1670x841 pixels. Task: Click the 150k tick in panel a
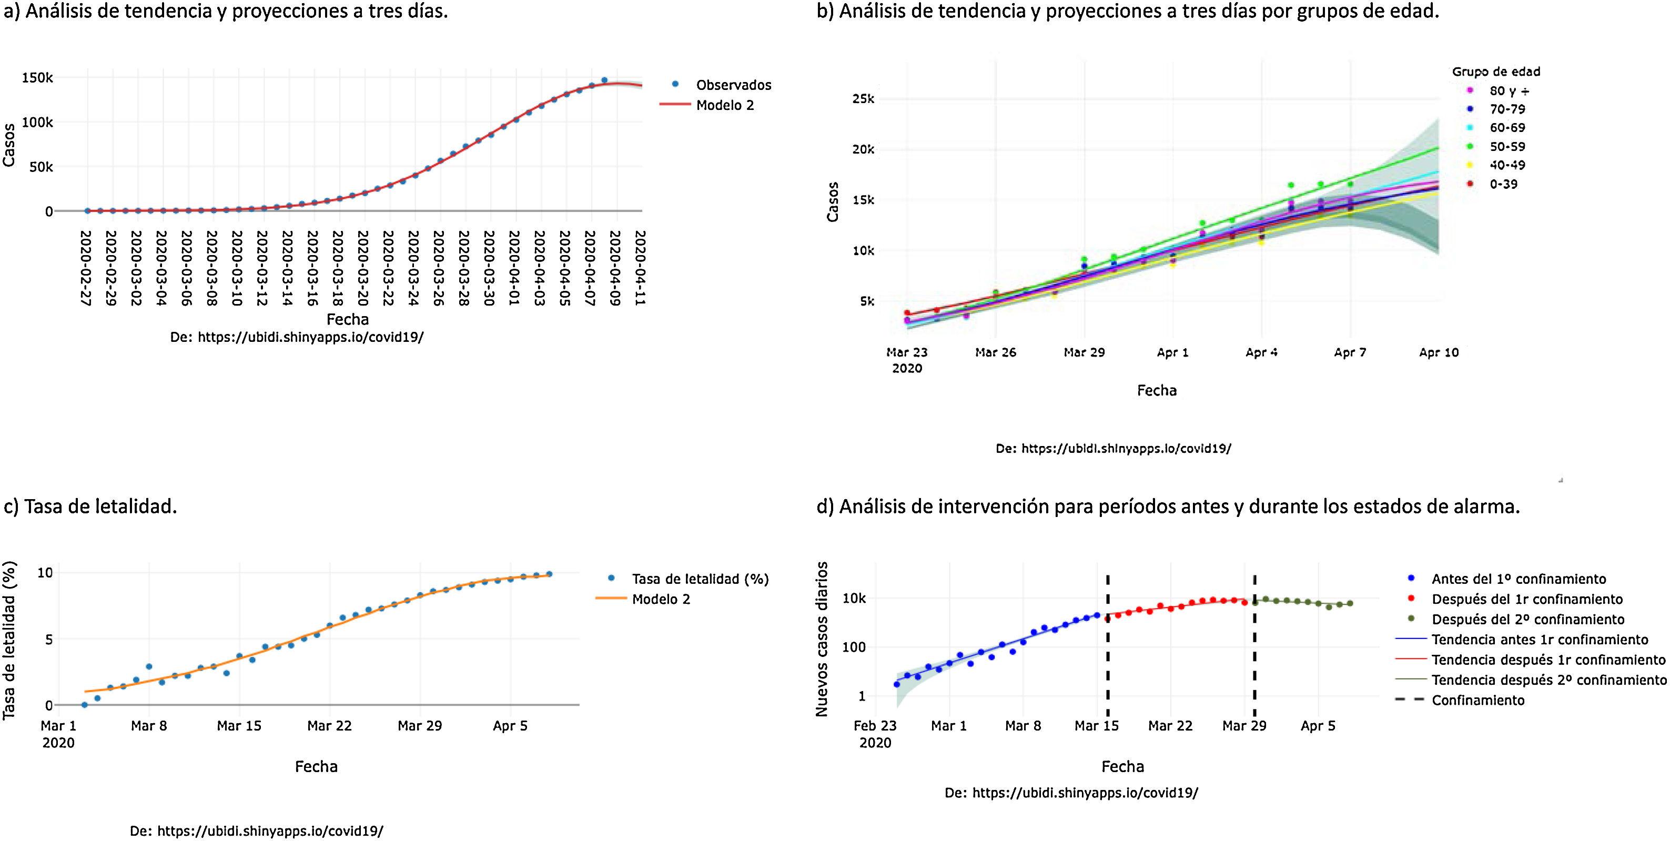tap(37, 78)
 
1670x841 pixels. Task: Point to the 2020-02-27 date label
tap(86, 267)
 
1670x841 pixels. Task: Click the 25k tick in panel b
tap(863, 99)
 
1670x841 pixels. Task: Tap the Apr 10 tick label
tap(1439, 352)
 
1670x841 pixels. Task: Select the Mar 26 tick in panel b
tap(996, 352)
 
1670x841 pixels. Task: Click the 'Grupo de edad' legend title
tap(1495, 72)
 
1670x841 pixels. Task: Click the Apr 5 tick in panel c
tap(510, 726)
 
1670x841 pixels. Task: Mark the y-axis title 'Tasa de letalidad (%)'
tap(9, 641)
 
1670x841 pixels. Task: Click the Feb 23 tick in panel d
tap(875, 726)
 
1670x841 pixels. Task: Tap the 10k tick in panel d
tap(854, 599)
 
